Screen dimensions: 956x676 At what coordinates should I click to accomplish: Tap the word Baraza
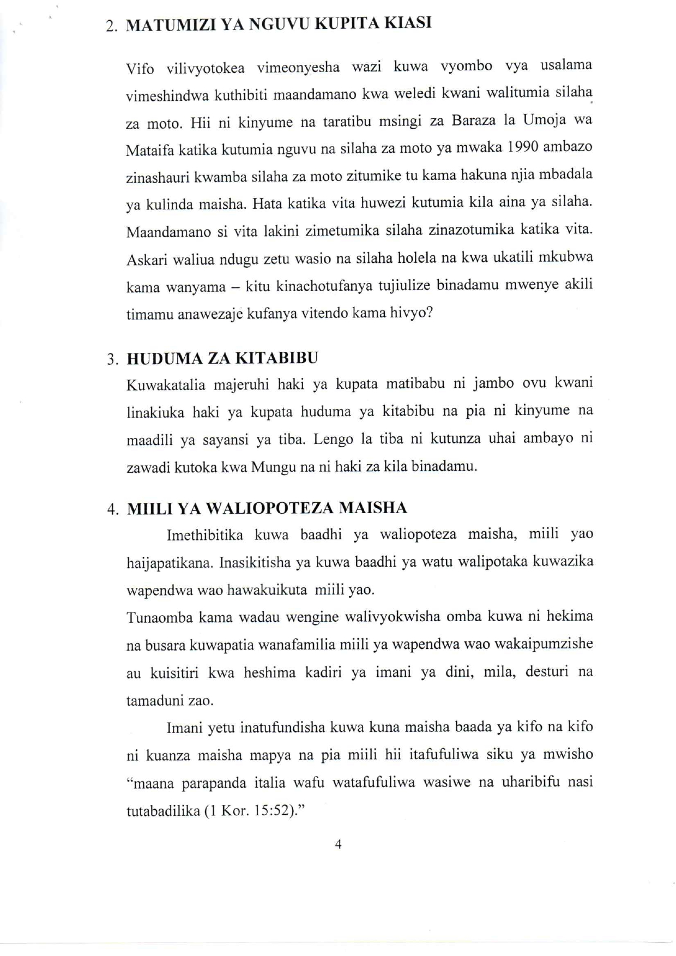pos(473,120)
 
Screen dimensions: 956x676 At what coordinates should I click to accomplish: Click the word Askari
pos(147,260)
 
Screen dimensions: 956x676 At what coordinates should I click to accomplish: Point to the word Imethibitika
pos(204,535)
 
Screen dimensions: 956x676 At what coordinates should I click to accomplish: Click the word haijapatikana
pos(170,563)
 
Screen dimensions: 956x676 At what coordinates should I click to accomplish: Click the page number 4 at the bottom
pos(338,844)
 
